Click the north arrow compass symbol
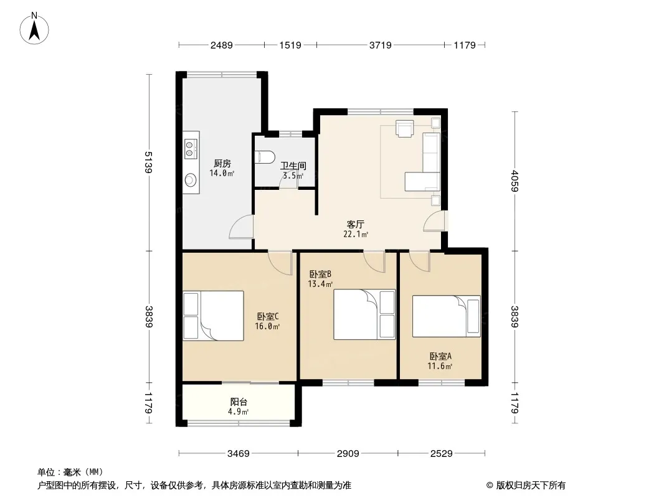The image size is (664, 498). [x=34, y=29]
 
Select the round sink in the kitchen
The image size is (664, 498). [x=191, y=180]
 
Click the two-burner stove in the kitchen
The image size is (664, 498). [x=191, y=149]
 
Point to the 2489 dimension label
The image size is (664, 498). [x=222, y=45]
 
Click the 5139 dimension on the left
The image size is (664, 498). [x=148, y=162]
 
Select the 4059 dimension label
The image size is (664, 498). [x=515, y=181]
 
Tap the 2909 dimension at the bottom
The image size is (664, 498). [x=348, y=454]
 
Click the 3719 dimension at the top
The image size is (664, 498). [x=381, y=45]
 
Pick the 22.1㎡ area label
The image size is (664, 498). [x=356, y=234]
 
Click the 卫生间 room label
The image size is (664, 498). [x=293, y=166]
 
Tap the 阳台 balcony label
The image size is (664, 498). [x=239, y=402]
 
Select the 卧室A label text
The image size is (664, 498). [x=440, y=356]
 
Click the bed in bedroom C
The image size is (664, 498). [x=214, y=316]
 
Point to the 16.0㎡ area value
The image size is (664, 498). [x=267, y=326]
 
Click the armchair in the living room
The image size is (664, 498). [x=404, y=128]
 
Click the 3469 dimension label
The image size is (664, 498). [x=239, y=454]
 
